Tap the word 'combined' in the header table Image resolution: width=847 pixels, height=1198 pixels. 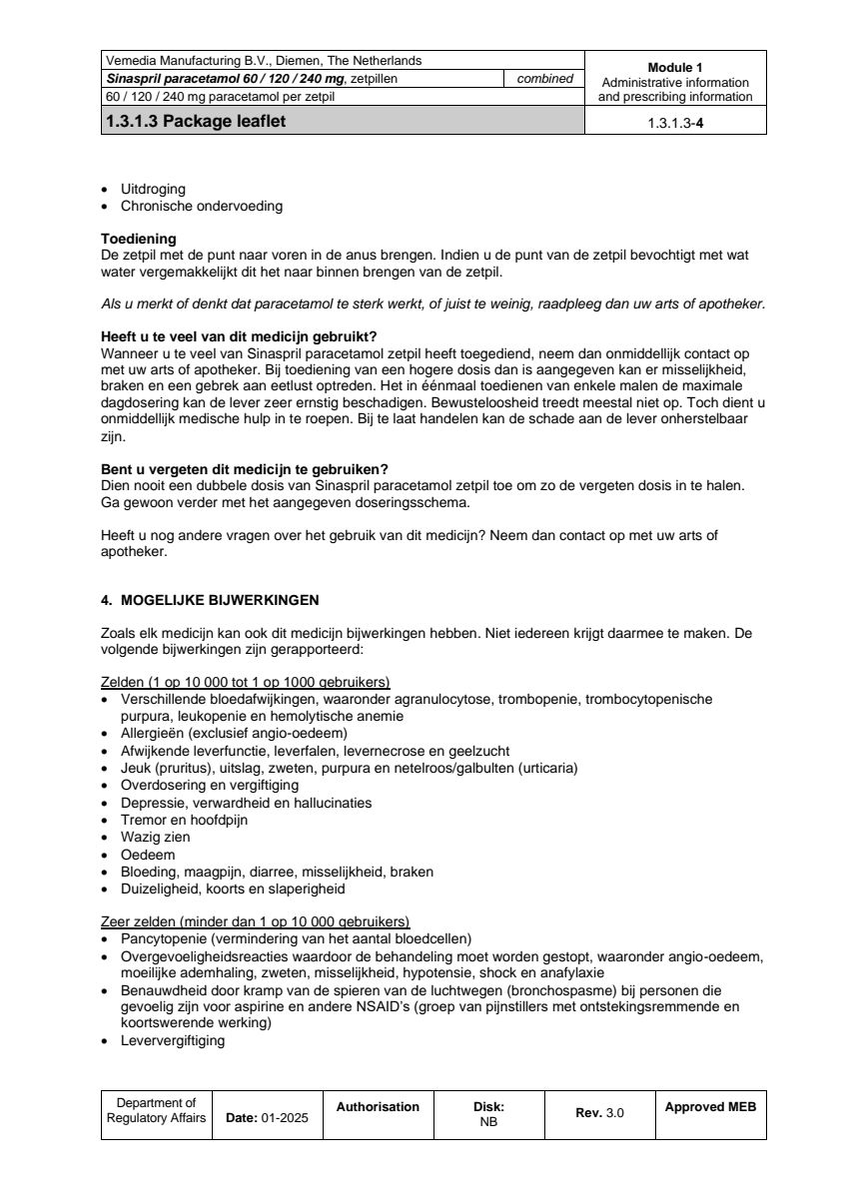pos(544,79)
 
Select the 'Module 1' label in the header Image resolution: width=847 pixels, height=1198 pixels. pos(675,68)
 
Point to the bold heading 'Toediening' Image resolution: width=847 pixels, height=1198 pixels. pos(139,239)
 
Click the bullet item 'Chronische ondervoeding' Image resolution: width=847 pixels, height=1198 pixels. pos(201,207)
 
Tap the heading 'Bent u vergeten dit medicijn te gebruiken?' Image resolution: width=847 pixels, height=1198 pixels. pos(245,469)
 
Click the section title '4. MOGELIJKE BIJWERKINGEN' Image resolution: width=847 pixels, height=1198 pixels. pos(210,600)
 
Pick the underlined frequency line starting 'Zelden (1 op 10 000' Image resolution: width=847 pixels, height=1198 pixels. pos(246,682)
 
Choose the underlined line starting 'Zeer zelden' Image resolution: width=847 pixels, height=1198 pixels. pos(255,920)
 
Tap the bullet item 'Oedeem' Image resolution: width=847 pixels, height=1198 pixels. pos(148,855)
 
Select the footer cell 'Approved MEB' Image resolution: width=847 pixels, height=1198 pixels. pos(710,1107)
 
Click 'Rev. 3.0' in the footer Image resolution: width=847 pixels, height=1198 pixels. pos(599,1113)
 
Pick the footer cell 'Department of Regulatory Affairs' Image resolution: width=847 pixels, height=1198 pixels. pos(156,1110)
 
